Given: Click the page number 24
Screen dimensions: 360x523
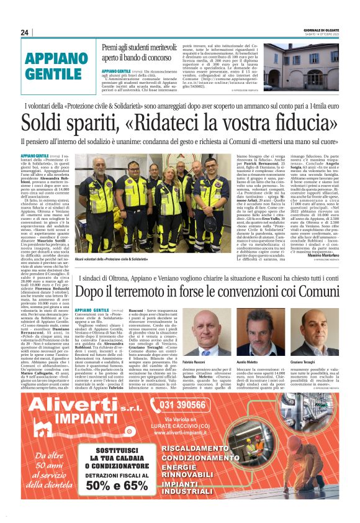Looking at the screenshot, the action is coord(25,32).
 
